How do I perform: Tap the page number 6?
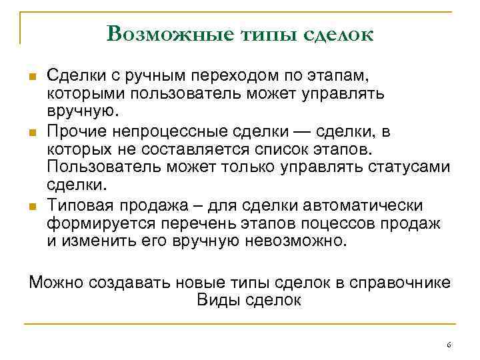click(449, 344)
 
